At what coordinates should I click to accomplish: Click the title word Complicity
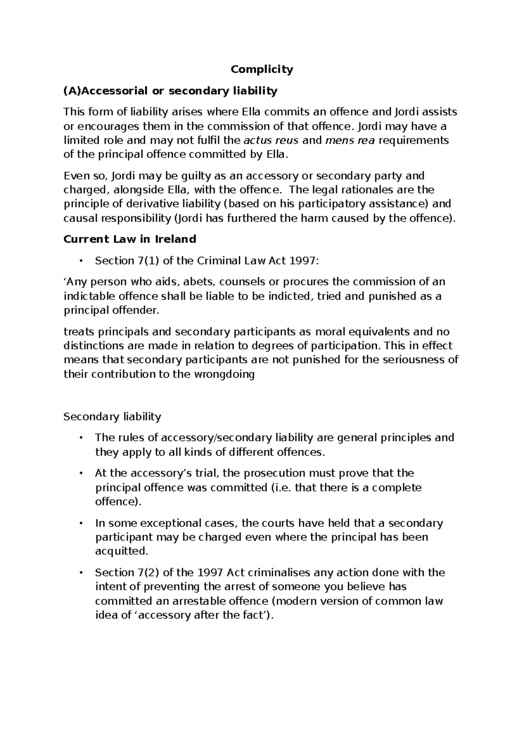(x=262, y=69)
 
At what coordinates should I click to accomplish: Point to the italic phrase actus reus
(x=271, y=141)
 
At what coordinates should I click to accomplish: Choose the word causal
(x=79, y=218)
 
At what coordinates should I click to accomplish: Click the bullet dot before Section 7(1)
(x=81, y=261)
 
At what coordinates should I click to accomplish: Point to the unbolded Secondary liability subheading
(x=112, y=416)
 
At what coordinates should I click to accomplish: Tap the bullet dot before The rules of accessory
(x=81, y=438)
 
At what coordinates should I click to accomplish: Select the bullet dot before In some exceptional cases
(x=81, y=523)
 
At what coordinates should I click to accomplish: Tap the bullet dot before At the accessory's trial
(x=81, y=473)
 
